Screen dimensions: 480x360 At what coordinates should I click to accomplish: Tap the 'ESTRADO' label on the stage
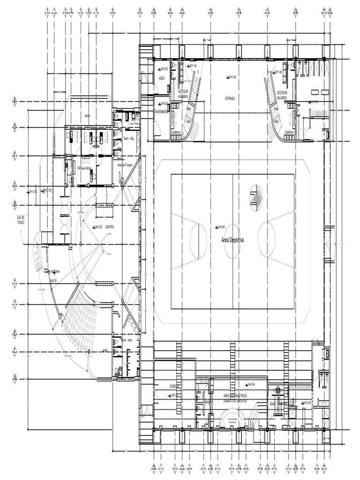229,98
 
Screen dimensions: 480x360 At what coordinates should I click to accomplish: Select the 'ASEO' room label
162,78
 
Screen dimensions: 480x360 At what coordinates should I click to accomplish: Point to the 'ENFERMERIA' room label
162,111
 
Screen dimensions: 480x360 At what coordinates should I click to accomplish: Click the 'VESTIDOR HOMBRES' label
183,94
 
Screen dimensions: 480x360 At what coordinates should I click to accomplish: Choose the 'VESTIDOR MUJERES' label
282,95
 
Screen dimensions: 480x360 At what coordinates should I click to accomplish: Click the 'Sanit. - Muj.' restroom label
129,139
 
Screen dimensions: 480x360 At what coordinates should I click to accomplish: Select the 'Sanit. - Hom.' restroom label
127,339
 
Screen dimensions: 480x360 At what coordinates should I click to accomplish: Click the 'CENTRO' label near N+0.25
110,227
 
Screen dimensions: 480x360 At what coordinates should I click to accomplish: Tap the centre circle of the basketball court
232,241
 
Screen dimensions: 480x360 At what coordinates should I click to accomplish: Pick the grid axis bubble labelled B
15,101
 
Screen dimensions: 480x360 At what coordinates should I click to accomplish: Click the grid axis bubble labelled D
15,127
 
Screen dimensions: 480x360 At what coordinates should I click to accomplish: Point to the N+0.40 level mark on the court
219,227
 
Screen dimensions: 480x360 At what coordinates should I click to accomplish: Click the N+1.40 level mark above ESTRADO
230,77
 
